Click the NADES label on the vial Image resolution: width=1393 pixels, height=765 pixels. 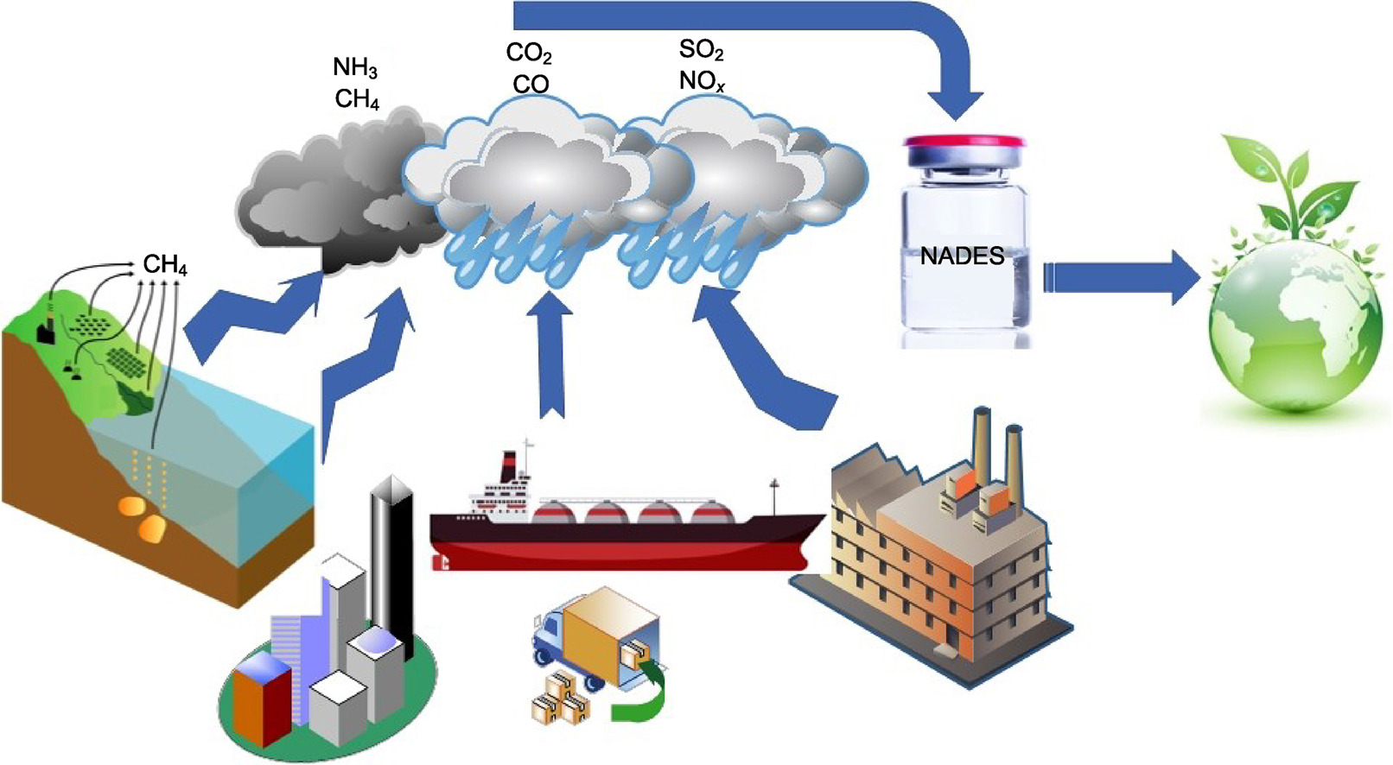(962, 256)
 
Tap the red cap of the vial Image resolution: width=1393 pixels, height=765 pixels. (964, 140)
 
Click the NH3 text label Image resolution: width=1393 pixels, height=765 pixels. (354, 67)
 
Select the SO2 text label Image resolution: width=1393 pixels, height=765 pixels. (701, 50)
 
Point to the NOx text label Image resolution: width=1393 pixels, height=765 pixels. (701, 81)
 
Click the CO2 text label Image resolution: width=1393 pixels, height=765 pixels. (528, 54)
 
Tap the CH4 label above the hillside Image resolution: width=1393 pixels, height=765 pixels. (164, 264)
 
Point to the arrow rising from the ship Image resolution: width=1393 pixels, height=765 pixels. (550, 354)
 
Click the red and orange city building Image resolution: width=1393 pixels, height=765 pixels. (261, 699)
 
